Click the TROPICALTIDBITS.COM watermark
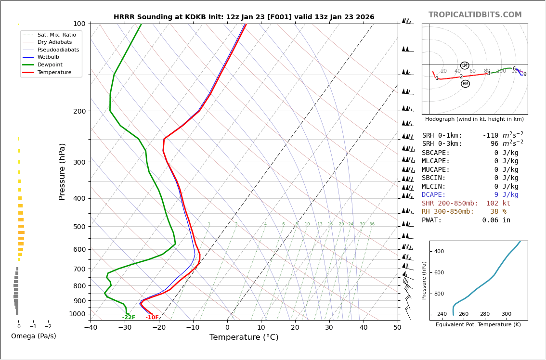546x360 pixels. (475, 15)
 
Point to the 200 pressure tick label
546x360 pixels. (79, 111)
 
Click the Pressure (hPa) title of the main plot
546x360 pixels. (62, 171)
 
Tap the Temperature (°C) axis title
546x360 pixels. (244, 337)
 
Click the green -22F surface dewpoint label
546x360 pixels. (129, 318)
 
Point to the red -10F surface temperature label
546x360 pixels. (152, 318)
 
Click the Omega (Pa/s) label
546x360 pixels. (34, 336)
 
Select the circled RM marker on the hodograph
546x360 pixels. (465, 84)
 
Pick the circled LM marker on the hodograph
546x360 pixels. (465, 65)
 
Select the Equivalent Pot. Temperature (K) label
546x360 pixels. (478, 324)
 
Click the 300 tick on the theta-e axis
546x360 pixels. (507, 314)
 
